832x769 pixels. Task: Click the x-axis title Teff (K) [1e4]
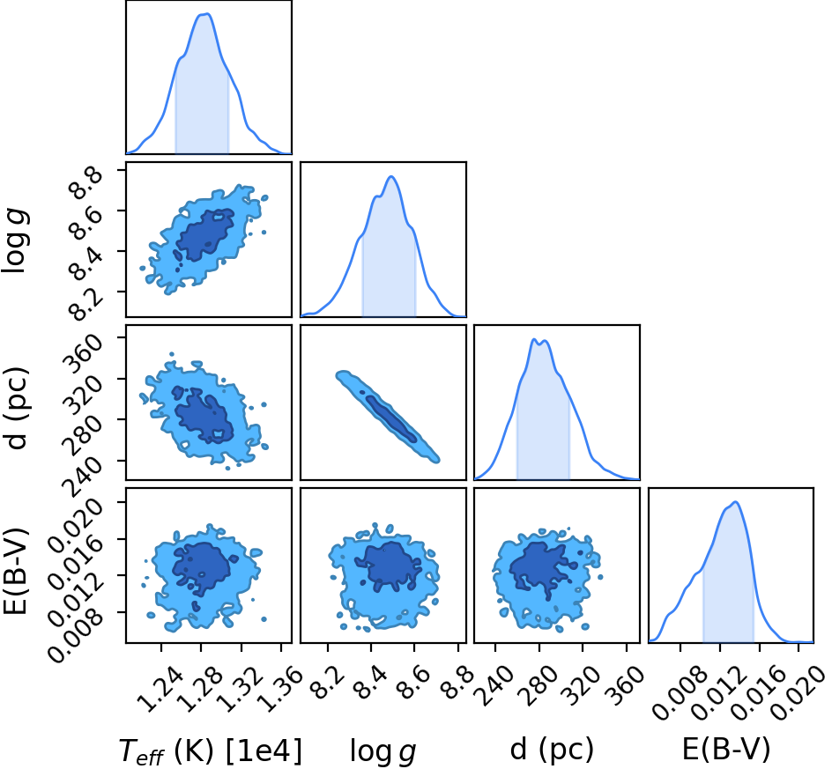pos(211,751)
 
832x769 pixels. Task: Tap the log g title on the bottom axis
pos(383,752)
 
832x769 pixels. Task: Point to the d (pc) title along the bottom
pos(552,750)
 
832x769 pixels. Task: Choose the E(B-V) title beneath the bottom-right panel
pos(726,750)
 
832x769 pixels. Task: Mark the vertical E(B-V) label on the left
pos(15,571)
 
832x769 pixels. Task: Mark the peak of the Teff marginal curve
pos(207,14)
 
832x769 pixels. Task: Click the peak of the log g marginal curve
pos(391,176)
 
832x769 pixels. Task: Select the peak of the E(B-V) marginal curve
pos(735,502)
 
